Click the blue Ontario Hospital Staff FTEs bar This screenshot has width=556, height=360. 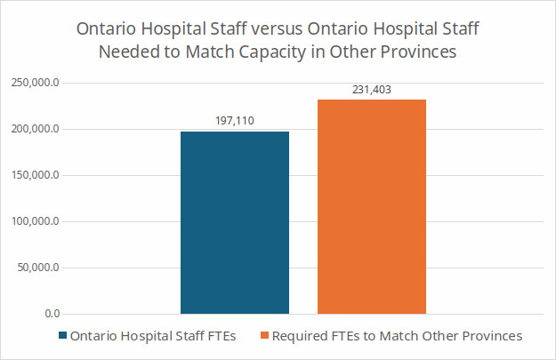point(235,222)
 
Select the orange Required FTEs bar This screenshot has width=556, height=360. point(372,206)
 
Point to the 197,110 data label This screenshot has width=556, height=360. point(235,120)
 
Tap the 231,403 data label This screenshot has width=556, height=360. point(372,89)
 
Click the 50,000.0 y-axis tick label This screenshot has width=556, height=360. point(38,268)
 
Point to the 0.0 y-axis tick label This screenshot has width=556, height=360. point(51,314)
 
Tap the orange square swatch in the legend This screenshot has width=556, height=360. point(264,337)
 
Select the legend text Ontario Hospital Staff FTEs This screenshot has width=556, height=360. point(152,337)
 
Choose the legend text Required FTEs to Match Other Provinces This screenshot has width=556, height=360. point(397,337)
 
